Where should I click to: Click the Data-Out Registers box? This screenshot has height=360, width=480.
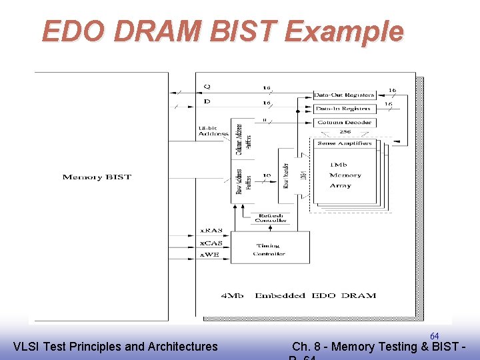(x=344, y=95)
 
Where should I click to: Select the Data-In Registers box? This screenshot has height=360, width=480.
(x=344, y=108)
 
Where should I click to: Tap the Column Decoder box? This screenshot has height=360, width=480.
(x=344, y=123)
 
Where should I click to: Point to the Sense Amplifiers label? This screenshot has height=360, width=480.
(x=345, y=143)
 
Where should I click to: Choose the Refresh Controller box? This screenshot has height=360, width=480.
(x=271, y=218)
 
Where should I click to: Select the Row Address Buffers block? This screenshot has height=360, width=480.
(x=243, y=182)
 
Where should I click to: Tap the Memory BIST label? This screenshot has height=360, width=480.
(x=97, y=177)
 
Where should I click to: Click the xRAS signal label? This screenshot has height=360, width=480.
(x=211, y=231)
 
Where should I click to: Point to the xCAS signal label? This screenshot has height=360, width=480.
(x=211, y=243)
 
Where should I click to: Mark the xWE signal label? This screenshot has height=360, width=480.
(x=211, y=255)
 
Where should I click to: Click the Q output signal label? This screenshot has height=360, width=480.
(x=207, y=86)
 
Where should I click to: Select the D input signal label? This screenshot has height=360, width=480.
(x=207, y=101)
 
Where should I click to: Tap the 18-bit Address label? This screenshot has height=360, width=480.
(x=213, y=131)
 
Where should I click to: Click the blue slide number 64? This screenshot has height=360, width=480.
(x=434, y=336)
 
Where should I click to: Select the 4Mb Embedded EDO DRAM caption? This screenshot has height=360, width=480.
(x=298, y=295)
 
